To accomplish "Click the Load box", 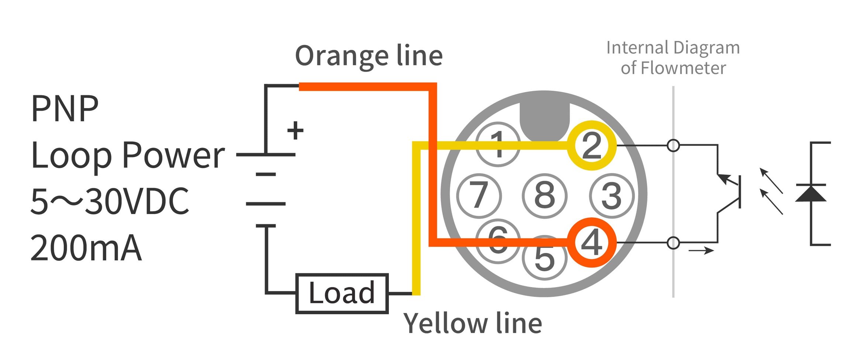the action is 342,294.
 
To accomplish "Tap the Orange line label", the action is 369,56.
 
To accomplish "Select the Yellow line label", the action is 473,323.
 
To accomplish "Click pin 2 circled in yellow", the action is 592,145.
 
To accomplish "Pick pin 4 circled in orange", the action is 592,242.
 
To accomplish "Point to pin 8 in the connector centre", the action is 545,195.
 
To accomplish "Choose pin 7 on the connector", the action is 479,195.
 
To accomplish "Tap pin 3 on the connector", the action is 612,195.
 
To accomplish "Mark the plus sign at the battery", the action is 295,131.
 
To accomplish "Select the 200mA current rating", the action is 86,248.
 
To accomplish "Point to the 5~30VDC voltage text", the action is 110,201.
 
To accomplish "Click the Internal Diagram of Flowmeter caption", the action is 673,58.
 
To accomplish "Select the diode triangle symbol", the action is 811,193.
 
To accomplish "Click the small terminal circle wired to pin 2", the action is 673,145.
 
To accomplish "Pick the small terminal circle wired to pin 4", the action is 673,243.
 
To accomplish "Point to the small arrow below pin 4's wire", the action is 701,251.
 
